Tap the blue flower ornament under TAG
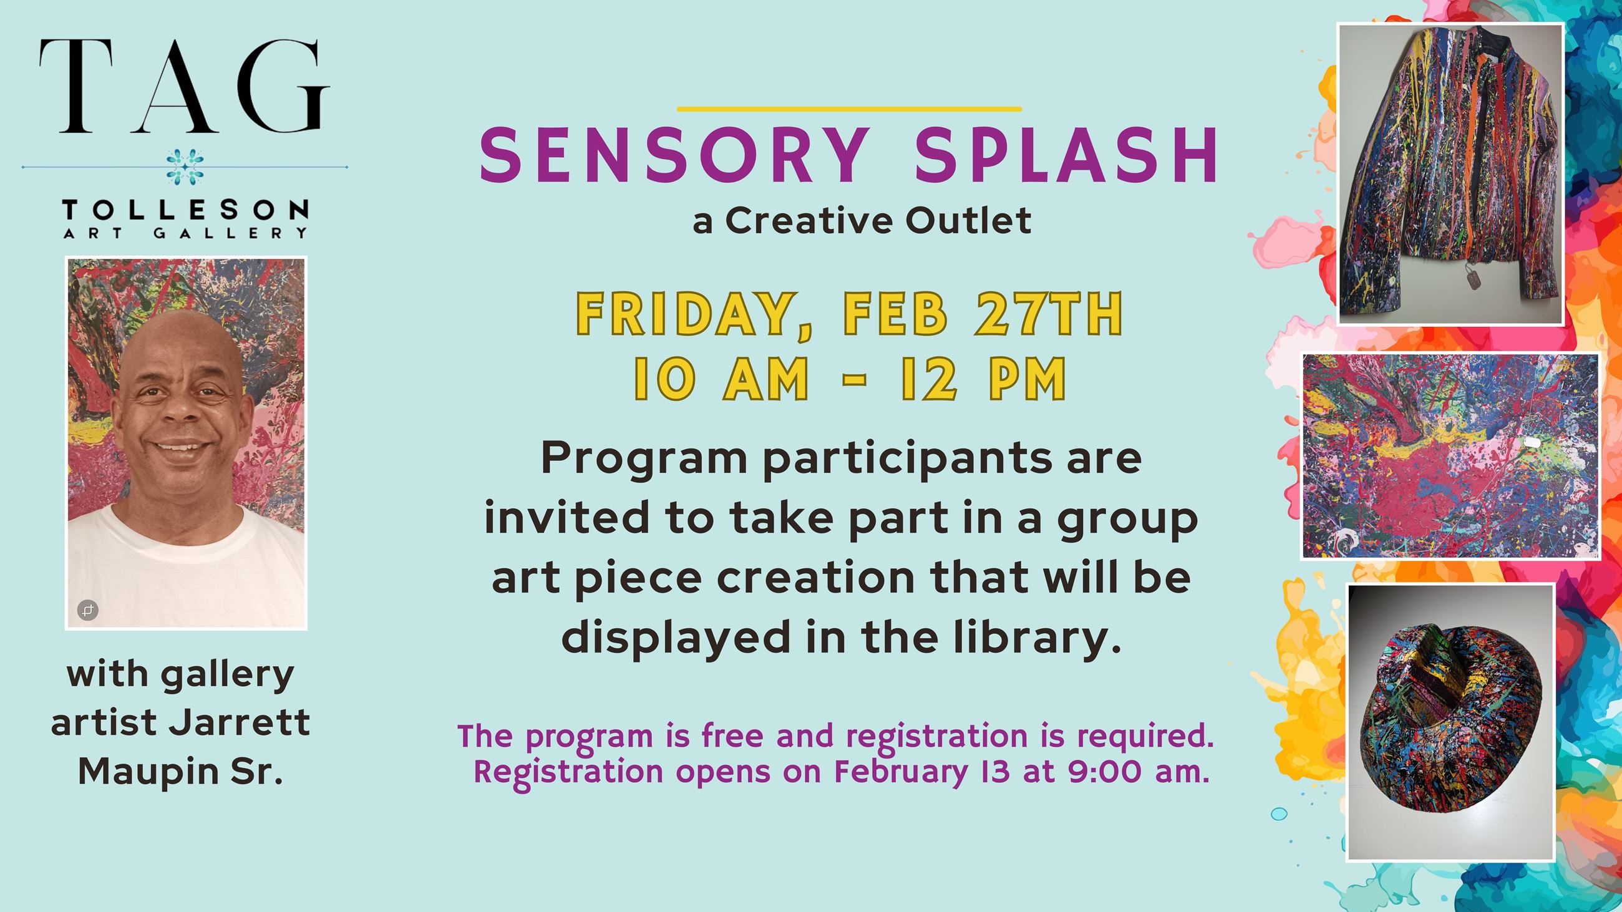185,167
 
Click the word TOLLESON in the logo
185,210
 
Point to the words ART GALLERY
185,233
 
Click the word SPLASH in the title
1065,155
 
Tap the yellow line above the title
849,110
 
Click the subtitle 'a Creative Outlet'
862,220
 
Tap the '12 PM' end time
983,379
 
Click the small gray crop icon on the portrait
87,610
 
